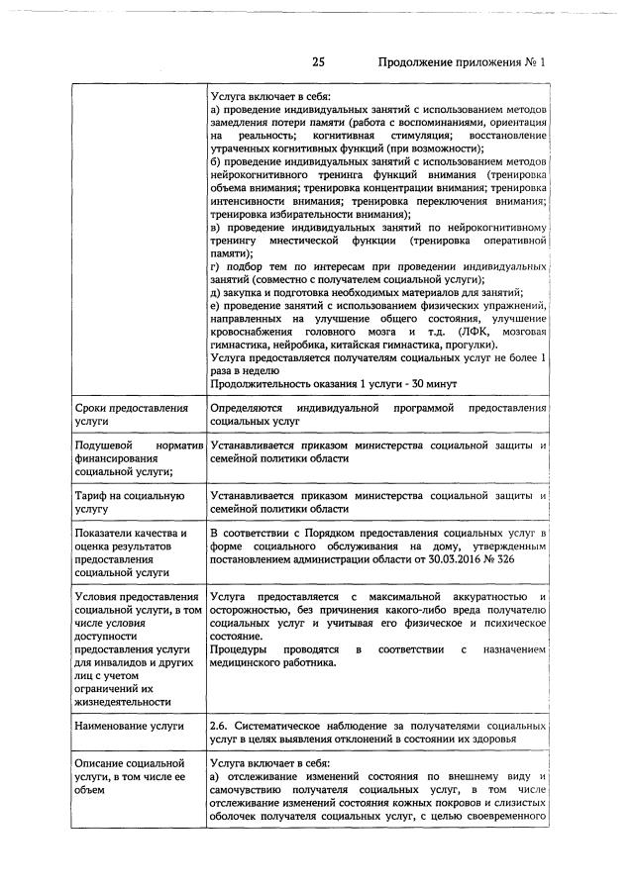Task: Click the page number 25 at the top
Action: (x=319, y=62)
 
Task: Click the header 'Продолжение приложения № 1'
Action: (x=462, y=62)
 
